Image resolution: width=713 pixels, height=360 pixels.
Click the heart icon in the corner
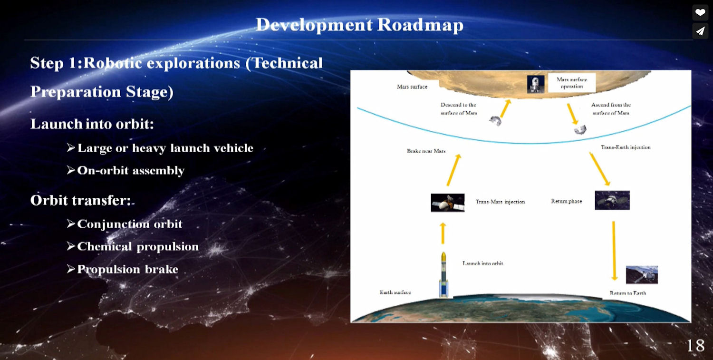[700, 12]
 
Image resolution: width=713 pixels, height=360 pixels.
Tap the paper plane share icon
[700, 31]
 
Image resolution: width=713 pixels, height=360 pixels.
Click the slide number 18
[695, 346]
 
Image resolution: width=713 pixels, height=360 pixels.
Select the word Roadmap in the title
[420, 25]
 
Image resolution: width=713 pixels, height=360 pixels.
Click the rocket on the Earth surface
[443, 275]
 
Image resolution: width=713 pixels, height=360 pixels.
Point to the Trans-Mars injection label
[500, 202]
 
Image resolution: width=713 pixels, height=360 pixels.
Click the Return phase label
[567, 201]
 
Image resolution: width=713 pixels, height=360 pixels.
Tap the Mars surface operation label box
[572, 83]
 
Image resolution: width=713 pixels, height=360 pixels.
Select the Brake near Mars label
[426, 151]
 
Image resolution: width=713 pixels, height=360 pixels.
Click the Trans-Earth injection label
[626, 147]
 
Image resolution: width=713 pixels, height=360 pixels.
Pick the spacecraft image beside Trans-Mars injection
[448, 203]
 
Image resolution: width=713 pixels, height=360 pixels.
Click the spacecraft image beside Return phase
[612, 200]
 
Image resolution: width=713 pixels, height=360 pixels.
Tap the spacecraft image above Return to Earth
[642, 274]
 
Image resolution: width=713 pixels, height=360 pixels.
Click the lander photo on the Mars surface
[536, 84]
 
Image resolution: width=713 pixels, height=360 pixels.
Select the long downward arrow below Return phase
[614, 251]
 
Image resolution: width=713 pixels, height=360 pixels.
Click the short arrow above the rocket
[443, 234]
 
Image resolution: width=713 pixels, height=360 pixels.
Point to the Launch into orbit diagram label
[482, 263]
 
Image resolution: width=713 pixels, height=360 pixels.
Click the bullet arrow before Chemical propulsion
[71, 246]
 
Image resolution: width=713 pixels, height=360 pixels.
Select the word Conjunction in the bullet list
[113, 224]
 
